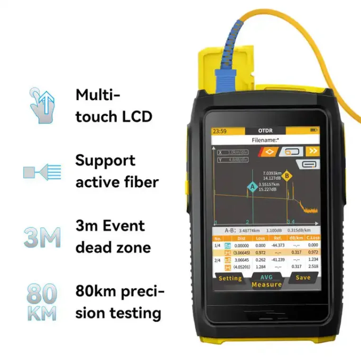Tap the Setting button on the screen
(230, 278)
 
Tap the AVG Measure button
(267, 281)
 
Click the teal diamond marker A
(253, 187)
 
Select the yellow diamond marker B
(287, 176)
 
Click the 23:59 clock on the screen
(219, 131)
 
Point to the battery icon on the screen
(314, 130)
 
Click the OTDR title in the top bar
(266, 131)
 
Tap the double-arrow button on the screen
(313, 151)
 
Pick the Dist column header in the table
(242, 238)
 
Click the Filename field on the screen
(265, 140)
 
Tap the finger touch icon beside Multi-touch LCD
(43, 105)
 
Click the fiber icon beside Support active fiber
(43, 172)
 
